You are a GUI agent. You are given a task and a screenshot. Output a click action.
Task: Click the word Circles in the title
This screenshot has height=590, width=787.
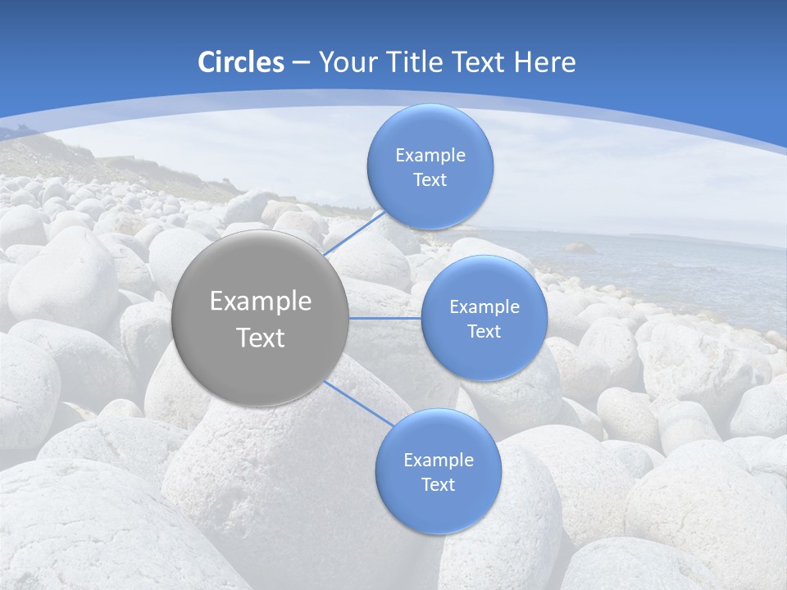point(241,62)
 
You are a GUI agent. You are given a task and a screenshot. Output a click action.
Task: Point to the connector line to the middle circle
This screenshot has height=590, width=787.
point(384,318)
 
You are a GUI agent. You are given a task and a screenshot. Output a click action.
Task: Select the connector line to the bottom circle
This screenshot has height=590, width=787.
point(359,403)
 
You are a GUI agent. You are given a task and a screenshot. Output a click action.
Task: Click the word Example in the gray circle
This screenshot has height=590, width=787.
point(260,302)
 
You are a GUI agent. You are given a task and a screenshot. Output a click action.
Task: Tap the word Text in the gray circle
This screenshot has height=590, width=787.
point(260,338)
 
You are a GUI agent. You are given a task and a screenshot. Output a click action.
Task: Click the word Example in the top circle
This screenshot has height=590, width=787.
point(430,155)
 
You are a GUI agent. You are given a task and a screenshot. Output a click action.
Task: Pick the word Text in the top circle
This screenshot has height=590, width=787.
point(430,179)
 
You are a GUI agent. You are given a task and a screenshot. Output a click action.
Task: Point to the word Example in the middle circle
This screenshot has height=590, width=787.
point(484,306)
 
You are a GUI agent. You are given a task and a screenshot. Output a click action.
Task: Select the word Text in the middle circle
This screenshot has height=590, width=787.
point(484,331)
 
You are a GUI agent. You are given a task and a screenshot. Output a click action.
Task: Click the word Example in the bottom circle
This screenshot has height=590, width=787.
point(438,460)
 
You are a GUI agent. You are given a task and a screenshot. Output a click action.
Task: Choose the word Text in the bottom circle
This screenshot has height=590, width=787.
point(438,484)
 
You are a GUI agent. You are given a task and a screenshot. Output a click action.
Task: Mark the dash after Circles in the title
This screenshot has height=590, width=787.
point(301,63)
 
